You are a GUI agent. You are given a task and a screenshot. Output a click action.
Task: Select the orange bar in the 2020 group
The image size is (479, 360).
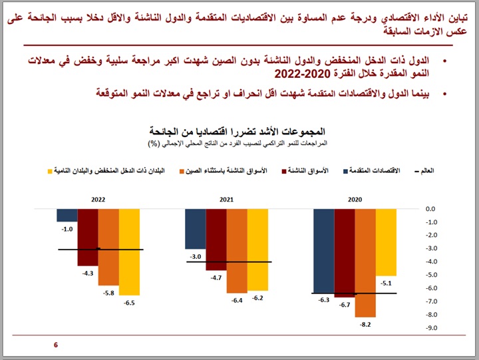[365, 262]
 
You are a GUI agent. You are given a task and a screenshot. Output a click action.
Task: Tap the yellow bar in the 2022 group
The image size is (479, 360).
[129, 252]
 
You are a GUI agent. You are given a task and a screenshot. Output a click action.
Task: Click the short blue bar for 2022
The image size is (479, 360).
[67, 215]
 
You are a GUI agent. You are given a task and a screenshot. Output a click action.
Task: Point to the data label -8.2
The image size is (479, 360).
[365, 325]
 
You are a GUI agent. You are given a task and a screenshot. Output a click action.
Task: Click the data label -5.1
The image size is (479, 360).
[385, 283]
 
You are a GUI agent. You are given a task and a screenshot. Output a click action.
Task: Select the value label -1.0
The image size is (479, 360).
[67, 229]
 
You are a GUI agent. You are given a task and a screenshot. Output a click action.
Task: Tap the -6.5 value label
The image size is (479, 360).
[129, 303]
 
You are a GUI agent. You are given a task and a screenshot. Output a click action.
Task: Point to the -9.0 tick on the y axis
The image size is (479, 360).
[431, 328]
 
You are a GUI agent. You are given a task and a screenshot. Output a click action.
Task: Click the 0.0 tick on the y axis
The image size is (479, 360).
[432, 209]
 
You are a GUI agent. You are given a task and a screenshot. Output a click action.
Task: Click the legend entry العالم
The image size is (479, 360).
[428, 171]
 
